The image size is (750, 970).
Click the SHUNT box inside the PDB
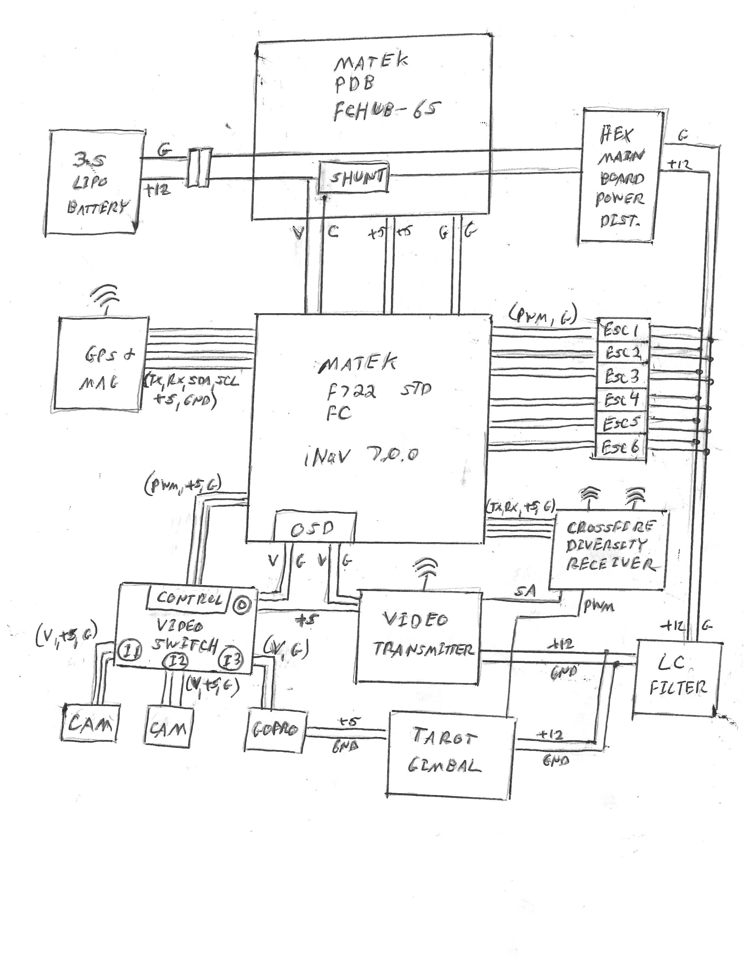354,178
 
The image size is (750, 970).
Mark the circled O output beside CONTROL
242,604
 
